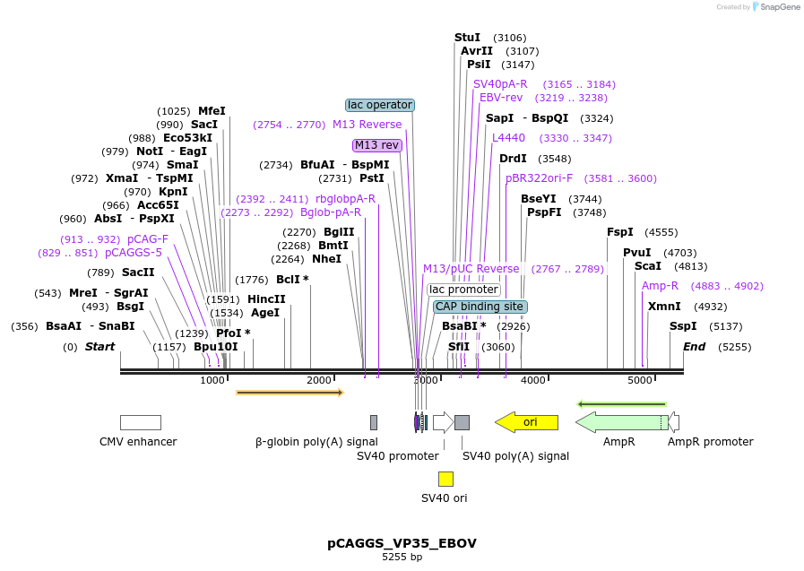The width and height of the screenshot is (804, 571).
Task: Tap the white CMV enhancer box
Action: (x=141, y=422)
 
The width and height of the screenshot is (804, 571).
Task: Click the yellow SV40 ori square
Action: (x=445, y=479)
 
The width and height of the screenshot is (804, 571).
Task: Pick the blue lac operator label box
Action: (x=380, y=105)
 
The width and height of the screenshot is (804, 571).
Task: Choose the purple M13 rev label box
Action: (x=377, y=145)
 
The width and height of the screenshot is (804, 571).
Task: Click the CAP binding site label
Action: (x=479, y=307)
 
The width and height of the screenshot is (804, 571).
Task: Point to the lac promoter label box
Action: (x=463, y=290)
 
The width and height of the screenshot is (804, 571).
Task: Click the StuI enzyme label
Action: (x=467, y=38)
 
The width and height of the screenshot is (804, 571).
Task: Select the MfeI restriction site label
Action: (x=212, y=111)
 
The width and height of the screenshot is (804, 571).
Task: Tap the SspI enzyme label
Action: (x=683, y=326)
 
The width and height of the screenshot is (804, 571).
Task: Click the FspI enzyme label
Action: (x=620, y=231)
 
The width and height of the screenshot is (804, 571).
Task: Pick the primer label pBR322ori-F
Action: (x=539, y=178)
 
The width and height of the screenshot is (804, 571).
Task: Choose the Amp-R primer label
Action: (x=660, y=286)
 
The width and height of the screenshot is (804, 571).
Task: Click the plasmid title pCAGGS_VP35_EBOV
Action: (x=402, y=543)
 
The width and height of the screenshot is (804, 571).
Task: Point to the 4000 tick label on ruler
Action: (x=533, y=380)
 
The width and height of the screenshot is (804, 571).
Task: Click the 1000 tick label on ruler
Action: (x=212, y=380)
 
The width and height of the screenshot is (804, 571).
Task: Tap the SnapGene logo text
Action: (x=777, y=7)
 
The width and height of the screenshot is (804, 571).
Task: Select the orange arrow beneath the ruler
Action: (x=290, y=393)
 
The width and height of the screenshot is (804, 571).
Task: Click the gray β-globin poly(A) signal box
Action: (x=374, y=422)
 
